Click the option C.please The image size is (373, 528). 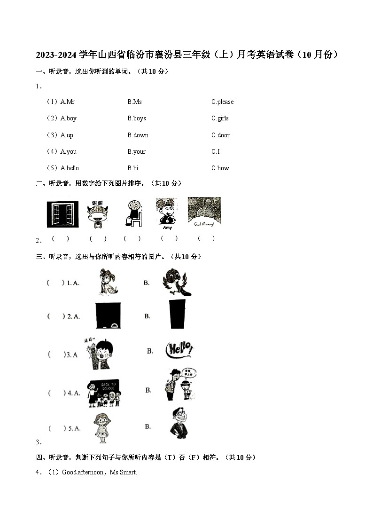pos(222,102)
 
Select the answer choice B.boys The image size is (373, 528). pos(136,118)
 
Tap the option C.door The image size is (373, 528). pos(220,135)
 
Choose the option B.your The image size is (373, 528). pos(136,152)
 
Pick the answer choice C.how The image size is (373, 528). pos(220,168)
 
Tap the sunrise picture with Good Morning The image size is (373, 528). pos(204,212)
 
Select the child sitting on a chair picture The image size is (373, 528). pos(132,213)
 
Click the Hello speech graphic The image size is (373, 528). pos(179,350)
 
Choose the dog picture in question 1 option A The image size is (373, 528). pos(108,282)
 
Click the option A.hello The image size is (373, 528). pos(69,168)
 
